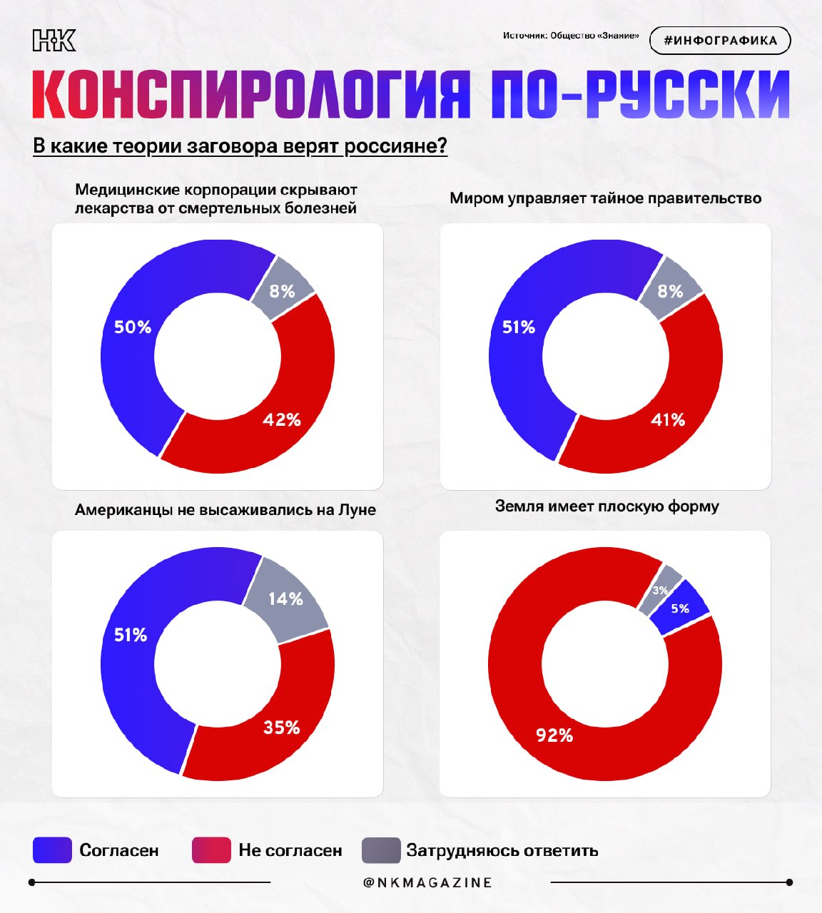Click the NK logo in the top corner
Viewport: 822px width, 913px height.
tap(54, 41)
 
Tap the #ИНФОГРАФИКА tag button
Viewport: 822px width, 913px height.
tap(720, 41)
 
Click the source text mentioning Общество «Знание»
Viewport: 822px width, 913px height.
tap(571, 36)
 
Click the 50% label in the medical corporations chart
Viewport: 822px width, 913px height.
tap(133, 327)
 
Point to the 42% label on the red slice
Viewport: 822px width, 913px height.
tap(282, 420)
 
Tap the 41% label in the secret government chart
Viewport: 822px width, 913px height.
tap(668, 420)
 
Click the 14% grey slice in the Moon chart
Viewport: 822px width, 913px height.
tap(285, 599)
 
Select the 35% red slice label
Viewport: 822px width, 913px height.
tap(281, 728)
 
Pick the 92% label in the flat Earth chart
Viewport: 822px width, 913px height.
tap(554, 735)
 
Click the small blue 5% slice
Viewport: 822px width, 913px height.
tap(680, 608)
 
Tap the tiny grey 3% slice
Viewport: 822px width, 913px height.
tap(660, 590)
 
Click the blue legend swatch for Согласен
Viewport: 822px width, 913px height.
tap(53, 850)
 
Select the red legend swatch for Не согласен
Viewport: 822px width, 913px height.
tap(211, 850)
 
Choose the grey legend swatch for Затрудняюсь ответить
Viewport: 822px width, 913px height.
tap(381, 850)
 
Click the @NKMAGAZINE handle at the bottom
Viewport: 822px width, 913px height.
tap(427, 882)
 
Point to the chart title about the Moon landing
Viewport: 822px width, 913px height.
tap(225, 510)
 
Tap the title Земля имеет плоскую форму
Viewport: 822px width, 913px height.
tap(607, 506)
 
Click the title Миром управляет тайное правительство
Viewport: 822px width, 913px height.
tap(605, 198)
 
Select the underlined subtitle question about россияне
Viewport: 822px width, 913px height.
tap(240, 146)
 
